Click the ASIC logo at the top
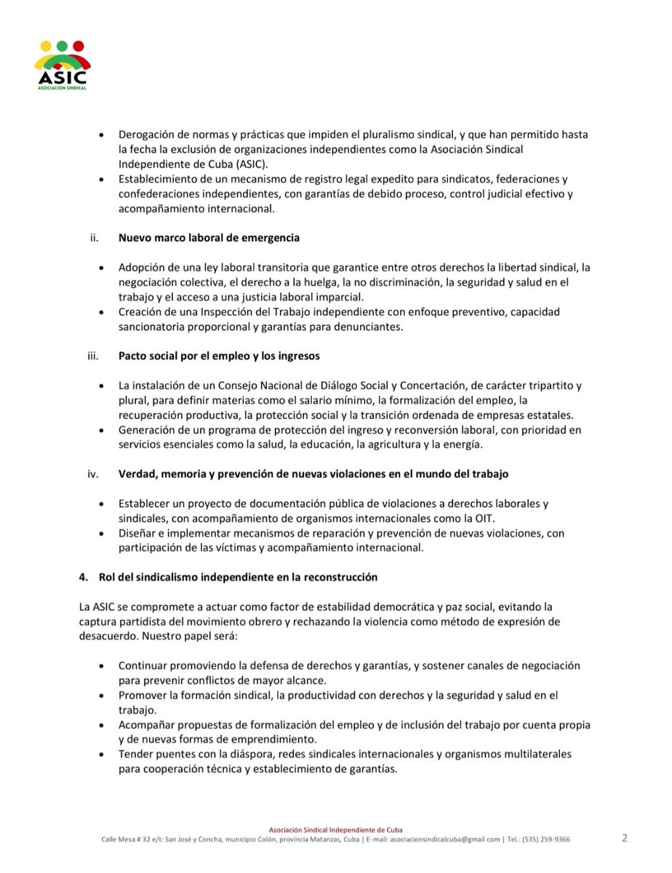pyautogui.click(x=62, y=65)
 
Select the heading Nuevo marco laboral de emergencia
pyautogui.click(x=209, y=238)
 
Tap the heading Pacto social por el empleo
pyautogui.click(x=220, y=356)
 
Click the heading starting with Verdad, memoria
pyautogui.click(x=313, y=474)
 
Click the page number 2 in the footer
pyautogui.click(x=624, y=837)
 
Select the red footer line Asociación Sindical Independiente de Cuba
pyautogui.click(x=335, y=829)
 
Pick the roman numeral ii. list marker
pyautogui.click(x=93, y=238)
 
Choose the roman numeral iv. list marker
pyautogui.click(x=92, y=474)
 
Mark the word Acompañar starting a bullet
pyautogui.click(x=148, y=725)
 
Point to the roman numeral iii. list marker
pyautogui.click(x=92, y=356)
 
